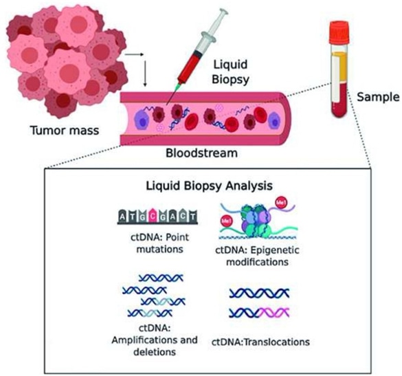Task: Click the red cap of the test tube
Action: tap(338, 30)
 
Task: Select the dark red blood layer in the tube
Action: tap(337, 103)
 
